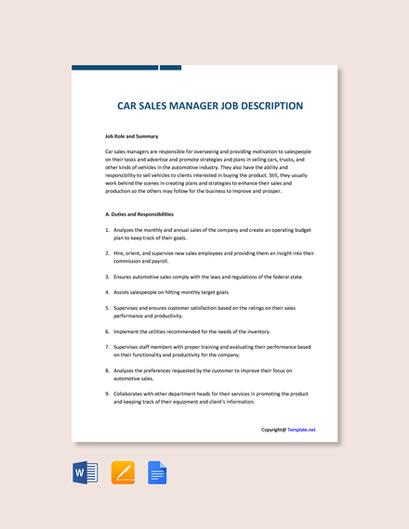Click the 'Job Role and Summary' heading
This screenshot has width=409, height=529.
point(131,135)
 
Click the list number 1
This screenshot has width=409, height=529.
point(107,229)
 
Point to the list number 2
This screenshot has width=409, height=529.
point(107,252)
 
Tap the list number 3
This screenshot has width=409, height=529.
point(107,277)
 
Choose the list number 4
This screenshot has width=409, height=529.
point(107,292)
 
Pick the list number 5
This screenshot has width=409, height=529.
point(107,307)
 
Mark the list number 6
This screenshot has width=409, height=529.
point(107,331)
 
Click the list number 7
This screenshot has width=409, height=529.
point(107,347)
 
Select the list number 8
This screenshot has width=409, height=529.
point(107,371)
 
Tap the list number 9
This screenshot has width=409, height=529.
point(107,394)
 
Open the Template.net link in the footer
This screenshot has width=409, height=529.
point(301,430)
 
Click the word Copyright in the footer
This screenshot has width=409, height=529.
point(272,430)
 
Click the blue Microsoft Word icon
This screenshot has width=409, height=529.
point(85,473)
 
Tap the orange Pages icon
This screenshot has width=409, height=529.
point(123,473)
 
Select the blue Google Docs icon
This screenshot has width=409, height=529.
point(157,473)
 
